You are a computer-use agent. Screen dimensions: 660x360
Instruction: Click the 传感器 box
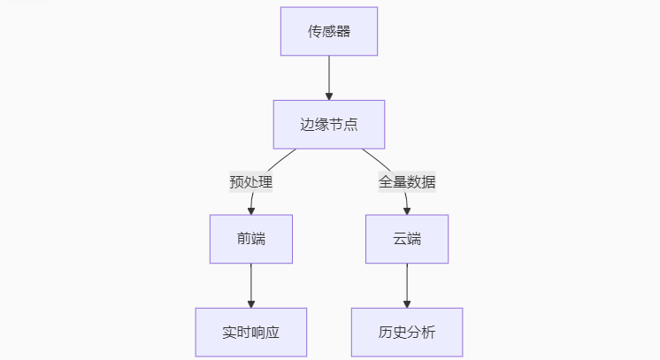pyautogui.click(x=329, y=31)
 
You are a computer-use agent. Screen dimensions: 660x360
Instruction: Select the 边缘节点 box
pyautogui.click(x=329, y=125)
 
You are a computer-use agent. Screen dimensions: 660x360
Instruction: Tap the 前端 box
pyautogui.click(x=251, y=239)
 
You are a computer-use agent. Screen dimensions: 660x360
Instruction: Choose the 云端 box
pyautogui.click(x=407, y=239)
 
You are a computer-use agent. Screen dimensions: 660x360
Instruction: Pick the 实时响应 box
pyautogui.click(x=251, y=333)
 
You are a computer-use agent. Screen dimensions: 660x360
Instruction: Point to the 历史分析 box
pyautogui.click(x=407, y=333)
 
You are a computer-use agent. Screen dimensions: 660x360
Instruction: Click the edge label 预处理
pyautogui.click(x=251, y=182)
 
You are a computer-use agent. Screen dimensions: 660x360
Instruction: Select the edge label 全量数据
pyautogui.click(x=407, y=182)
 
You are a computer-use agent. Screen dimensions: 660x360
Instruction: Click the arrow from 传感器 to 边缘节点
pyautogui.click(x=329, y=78)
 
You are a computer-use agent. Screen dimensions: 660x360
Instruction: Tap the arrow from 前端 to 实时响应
pyautogui.click(x=251, y=286)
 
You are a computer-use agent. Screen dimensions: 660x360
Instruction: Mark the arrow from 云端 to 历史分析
pyautogui.click(x=407, y=286)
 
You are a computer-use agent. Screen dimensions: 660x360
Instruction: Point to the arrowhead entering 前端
pyautogui.click(x=251, y=211)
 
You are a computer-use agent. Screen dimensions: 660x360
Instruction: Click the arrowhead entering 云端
pyautogui.click(x=407, y=211)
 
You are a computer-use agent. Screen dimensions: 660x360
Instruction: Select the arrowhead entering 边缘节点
pyautogui.click(x=329, y=96)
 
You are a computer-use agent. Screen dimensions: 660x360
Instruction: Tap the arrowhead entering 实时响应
pyautogui.click(x=251, y=304)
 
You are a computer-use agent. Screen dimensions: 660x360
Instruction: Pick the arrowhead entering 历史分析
pyautogui.click(x=407, y=304)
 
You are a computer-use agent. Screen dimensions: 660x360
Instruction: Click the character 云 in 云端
pyautogui.click(x=400, y=239)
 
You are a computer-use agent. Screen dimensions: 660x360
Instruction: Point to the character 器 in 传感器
pyautogui.click(x=343, y=31)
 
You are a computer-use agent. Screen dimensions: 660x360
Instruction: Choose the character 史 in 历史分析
pyautogui.click(x=400, y=333)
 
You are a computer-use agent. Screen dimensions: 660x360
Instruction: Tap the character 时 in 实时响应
pyautogui.click(x=243, y=333)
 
